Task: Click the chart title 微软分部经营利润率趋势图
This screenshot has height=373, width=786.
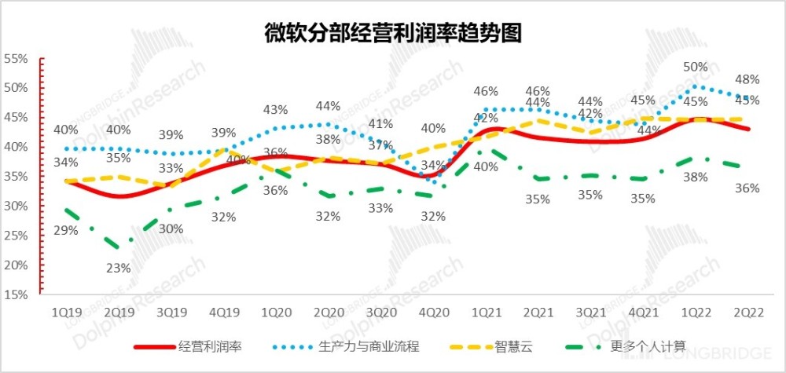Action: (x=393, y=33)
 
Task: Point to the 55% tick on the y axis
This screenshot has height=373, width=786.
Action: (x=17, y=59)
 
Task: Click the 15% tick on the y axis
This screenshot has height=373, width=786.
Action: (x=17, y=295)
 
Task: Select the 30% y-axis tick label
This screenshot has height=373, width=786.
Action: (x=17, y=207)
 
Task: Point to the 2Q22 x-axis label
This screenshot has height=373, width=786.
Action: (x=747, y=311)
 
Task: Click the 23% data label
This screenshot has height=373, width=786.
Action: (x=118, y=268)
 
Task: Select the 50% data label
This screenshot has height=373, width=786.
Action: (x=696, y=68)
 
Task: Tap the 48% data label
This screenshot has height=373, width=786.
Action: (x=747, y=79)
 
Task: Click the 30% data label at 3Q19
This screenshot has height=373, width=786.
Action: (x=171, y=229)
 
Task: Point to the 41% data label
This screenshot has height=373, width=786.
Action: (x=381, y=123)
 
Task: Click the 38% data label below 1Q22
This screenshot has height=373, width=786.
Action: (x=696, y=177)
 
